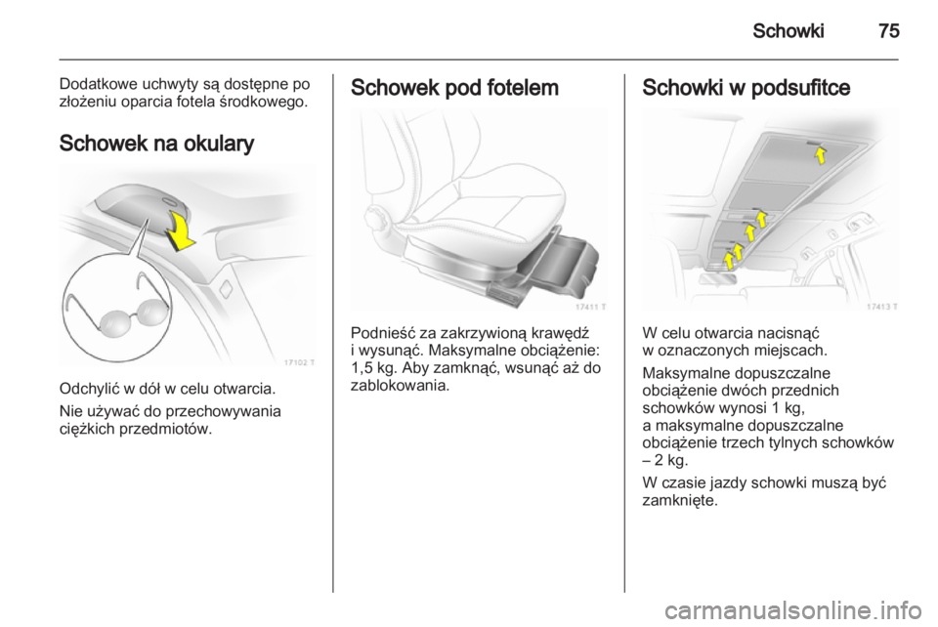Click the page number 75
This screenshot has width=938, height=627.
[x=889, y=30]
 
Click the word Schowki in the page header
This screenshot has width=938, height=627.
[x=788, y=30]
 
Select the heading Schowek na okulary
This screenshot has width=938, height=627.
[x=156, y=144]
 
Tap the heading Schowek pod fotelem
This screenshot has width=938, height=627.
[x=454, y=88]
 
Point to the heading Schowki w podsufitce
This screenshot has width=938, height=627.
[x=746, y=88]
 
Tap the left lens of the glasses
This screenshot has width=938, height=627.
[x=111, y=323]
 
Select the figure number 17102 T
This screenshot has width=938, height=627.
[x=299, y=362]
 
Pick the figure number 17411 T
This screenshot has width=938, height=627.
[x=591, y=307]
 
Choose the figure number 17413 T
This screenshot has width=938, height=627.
[x=882, y=307]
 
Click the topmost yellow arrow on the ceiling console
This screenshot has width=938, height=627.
[x=822, y=155]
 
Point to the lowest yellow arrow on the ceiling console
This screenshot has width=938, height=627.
[x=729, y=260]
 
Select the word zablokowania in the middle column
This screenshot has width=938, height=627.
[x=398, y=386]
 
